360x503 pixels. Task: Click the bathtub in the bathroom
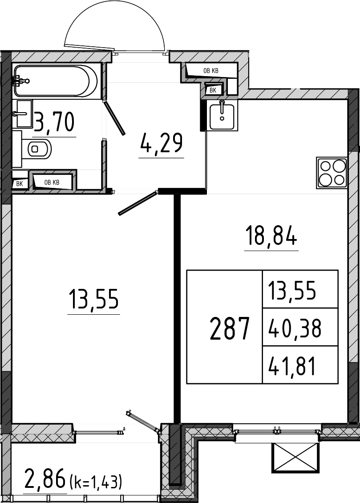[x=55, y=81]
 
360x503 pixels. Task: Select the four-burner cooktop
[x=332, y=172]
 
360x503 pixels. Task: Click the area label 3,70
[x=54, y=122]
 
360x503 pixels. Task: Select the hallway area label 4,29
[x=161, y=143]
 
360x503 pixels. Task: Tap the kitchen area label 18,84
[x=271, y=235]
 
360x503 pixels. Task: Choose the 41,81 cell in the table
[x=292, y=366]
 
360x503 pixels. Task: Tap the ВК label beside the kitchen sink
[x=213, y=90]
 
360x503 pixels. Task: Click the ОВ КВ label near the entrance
[x=211, y=71]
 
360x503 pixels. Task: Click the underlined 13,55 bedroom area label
[x=93, y=299]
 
